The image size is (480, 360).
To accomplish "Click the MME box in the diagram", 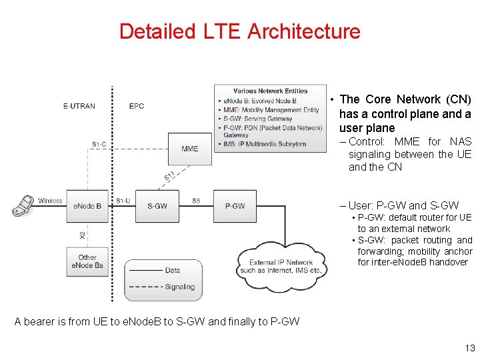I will [x=190, y=149].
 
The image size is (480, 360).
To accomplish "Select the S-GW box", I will [x=157, y=206].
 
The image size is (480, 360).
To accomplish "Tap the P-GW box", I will [x=235, y=206].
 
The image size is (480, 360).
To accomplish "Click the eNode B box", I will [x=88, y=206].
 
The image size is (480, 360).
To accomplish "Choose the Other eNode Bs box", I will [x=87, y=261].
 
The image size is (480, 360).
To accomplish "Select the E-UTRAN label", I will [x=79, y=106].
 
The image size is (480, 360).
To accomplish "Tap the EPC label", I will [x=136, y=106].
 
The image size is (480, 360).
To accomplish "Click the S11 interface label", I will [x=170, y=176].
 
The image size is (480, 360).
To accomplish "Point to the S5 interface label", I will [x=196, y=200].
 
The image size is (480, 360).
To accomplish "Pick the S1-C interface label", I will [x=100, y=145].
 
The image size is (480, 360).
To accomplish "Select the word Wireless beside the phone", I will [x=50, y=200].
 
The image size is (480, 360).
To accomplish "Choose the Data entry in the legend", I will [x=173, y=270].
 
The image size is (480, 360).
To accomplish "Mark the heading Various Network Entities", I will [x=270, y=91].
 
